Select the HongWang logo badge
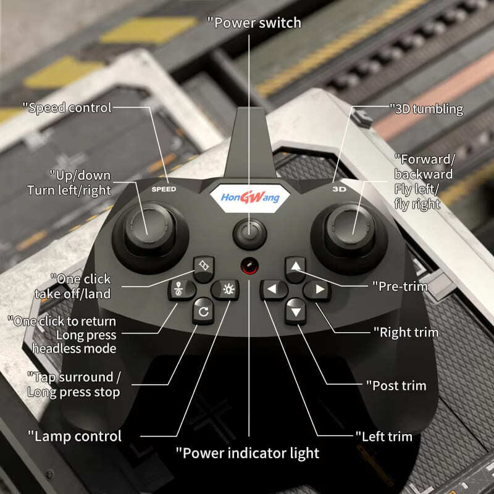249,198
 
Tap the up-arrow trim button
295,267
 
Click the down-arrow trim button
295,311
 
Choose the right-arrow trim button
319,289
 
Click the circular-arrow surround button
201,311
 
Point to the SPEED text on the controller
164,189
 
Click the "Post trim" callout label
399,386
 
